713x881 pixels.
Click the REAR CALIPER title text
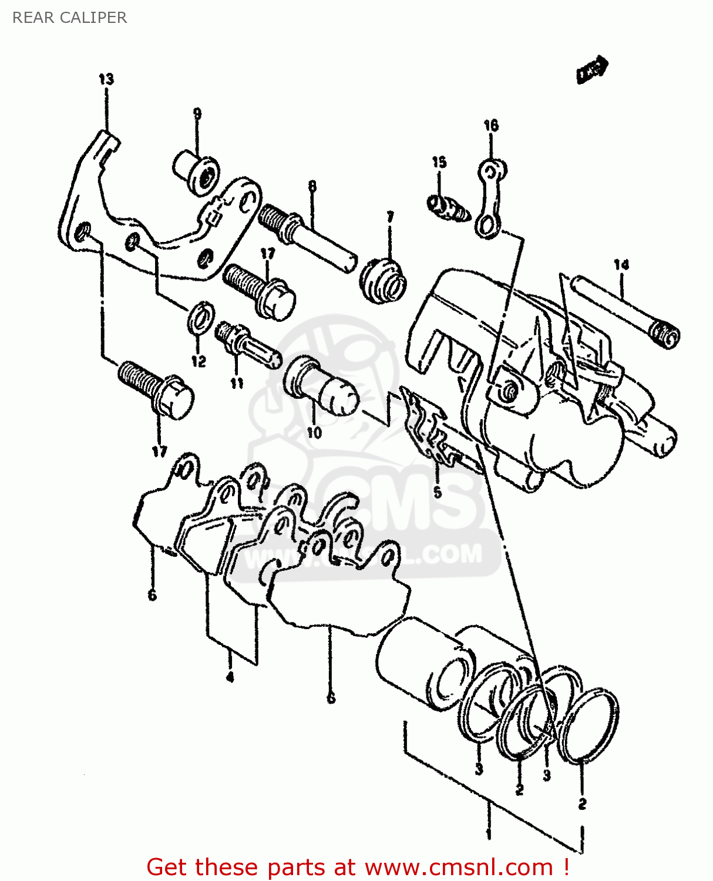(x=69, y=18)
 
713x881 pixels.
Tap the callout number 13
(x=106, y=79)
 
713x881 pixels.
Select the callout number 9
(x=197, y=113)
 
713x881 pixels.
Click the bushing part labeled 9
(x=196, y=170)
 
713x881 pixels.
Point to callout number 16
(x=491, y=125)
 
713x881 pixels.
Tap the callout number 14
(x=621, y=265)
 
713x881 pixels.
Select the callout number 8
(x=312, y=186)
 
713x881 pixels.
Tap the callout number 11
(x=237, y=383)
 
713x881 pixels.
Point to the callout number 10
(x=314, y=433)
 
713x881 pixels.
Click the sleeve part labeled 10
(x=320, y=384)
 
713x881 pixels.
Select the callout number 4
(x=230, y=677)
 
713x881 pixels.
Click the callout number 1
(x=488, y=833)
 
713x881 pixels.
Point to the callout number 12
(x=199, y=361)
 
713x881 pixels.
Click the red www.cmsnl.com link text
(x=458, y=867)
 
